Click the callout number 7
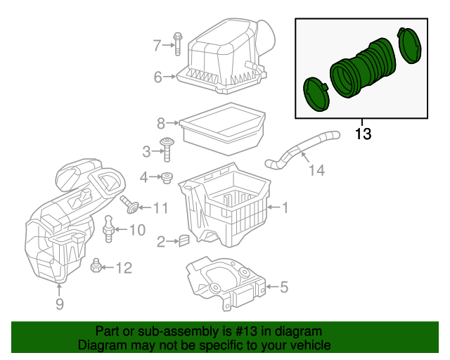pos(157,46)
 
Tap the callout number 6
pos(158,77)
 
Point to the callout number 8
pos(161,124)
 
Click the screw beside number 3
pos(168,150)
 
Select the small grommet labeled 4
pos(168,178)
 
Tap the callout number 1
pos(285,207)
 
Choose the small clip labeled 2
pos(184,241)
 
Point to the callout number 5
pos(284,287)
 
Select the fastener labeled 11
pos(129,206)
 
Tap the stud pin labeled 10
pos(108,229)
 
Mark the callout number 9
pos(60,304)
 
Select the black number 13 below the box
pos(362,132)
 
